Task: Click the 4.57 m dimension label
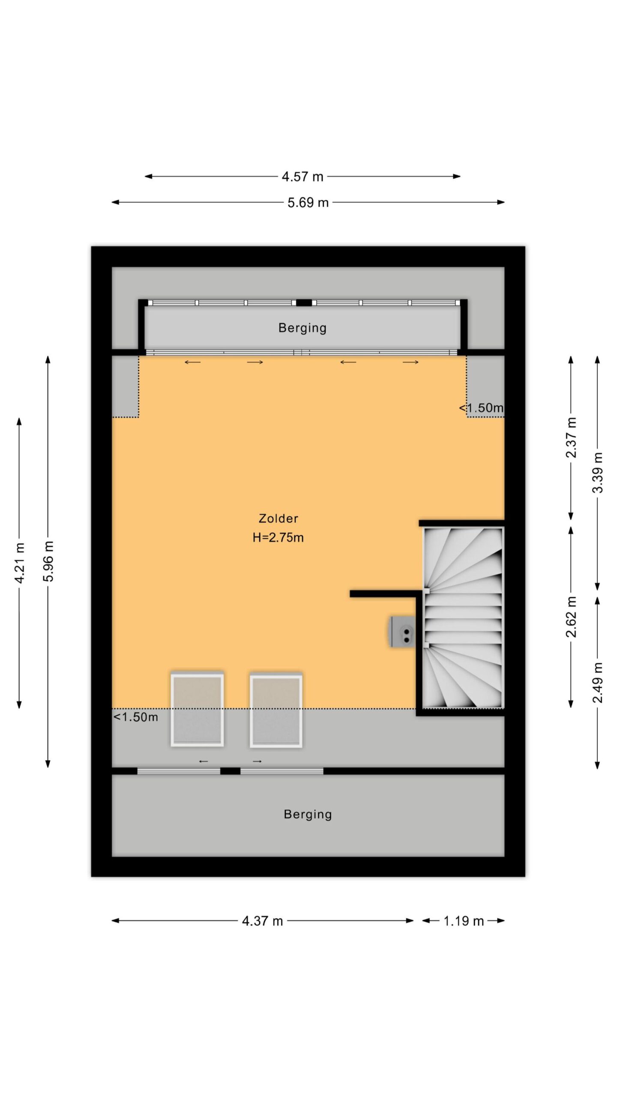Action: point(302,177)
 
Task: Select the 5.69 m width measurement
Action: point(308,202)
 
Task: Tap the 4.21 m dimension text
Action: point(19,562)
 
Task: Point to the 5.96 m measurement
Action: point(48,561)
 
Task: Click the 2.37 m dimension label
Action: point(571,437)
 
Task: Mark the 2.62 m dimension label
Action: point(571,616)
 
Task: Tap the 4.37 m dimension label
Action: point(262,921)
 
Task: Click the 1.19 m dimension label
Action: point(463,921)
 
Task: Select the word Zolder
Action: point(278,519)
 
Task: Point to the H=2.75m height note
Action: point(278,537)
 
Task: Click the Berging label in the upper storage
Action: point(303,328)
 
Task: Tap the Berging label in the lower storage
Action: point(308,815)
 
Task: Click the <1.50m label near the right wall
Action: point(481,408)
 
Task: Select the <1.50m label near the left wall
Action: point(135,717)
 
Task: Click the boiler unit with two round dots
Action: point(402,632)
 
